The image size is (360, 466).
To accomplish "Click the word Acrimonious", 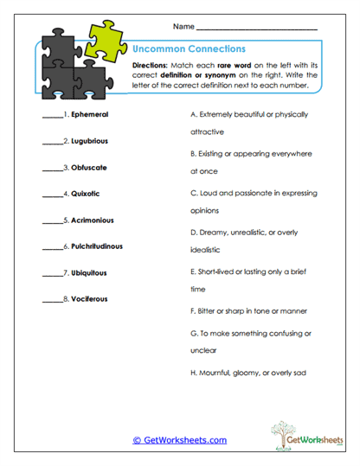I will (93, 220).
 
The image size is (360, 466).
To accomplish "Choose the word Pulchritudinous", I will (100, 246).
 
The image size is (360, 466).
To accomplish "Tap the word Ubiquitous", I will (90, 273).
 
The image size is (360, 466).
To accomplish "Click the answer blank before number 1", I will (51, 116).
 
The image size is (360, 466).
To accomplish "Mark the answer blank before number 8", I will (51, 301).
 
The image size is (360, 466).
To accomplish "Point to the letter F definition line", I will (247, 310).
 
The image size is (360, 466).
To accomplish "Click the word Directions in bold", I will (151, 66).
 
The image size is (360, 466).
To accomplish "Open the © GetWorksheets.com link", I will (179, 440).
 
